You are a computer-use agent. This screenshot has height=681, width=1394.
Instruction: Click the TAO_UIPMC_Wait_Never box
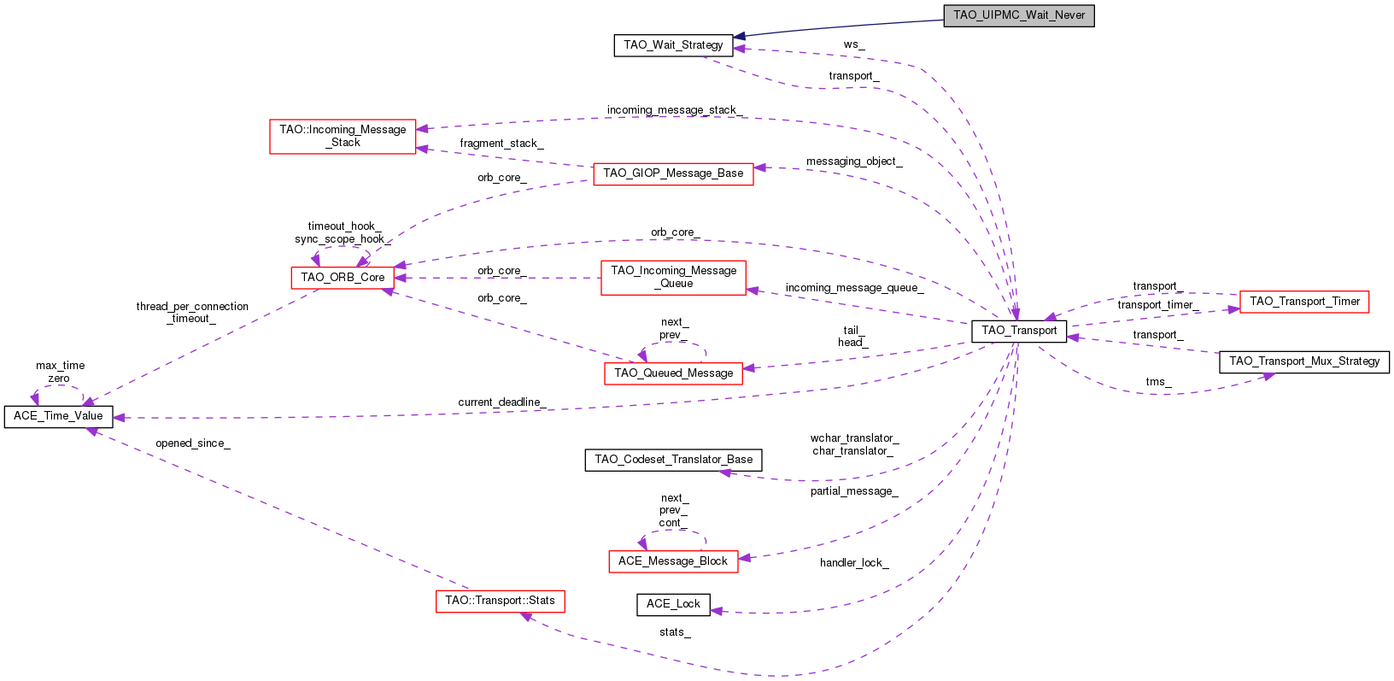pyautogui.click(x=1018, y=15)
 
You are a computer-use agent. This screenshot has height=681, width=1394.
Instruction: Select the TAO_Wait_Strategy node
pyautogui.click(x=673, y=45)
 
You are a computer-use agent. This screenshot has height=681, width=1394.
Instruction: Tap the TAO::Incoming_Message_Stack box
pyautogui.click(x=343, y=137)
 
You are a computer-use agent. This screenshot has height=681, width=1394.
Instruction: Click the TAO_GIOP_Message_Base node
pyautogui.click(x=673, y=173)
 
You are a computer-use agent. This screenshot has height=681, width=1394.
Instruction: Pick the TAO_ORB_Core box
pyautogui.click(x=343, y=278)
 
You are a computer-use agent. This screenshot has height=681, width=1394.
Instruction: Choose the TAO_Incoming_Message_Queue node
pyautogui.click(x=673, y=278)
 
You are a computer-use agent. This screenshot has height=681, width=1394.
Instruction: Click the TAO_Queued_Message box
pyautogui.click(x=673, y=373)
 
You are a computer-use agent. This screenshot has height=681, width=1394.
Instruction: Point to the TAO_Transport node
pyautogui.click(x=1018, y=331)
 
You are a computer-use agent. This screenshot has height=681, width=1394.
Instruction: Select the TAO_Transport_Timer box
pyautogui.click(x=1303, y=302)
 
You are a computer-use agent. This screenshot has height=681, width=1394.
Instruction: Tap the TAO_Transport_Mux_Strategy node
pyautogui.click(x=1303, y=361)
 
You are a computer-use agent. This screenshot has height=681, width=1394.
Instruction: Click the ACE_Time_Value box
pyautogui.click(x=58, y=416)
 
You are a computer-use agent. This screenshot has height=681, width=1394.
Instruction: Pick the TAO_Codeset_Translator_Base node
pyautogui.click(x=673, y=460)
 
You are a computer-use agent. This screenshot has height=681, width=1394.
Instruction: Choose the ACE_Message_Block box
pyautogui.click(x=673, y=561)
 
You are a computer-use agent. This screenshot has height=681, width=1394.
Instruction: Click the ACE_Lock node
pyautogui.click(x=673, y=604)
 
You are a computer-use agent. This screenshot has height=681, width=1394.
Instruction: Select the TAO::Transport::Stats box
pyautogui.click(x=500, y=601)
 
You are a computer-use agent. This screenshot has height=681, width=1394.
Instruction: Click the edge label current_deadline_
pyautogui.click(x=501, y=402)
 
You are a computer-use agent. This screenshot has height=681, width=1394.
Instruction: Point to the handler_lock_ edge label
pyautogui.click(x=854, y=563)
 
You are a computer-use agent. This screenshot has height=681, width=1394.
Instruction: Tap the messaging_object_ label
pyautogui.click(x=854, y=161)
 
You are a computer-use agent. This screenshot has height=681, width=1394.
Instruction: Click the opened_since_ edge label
pyautogui.click(x=192, y=443)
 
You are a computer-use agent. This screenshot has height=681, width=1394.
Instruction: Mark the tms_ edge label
pyautogui.click(x=1158, y=382)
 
